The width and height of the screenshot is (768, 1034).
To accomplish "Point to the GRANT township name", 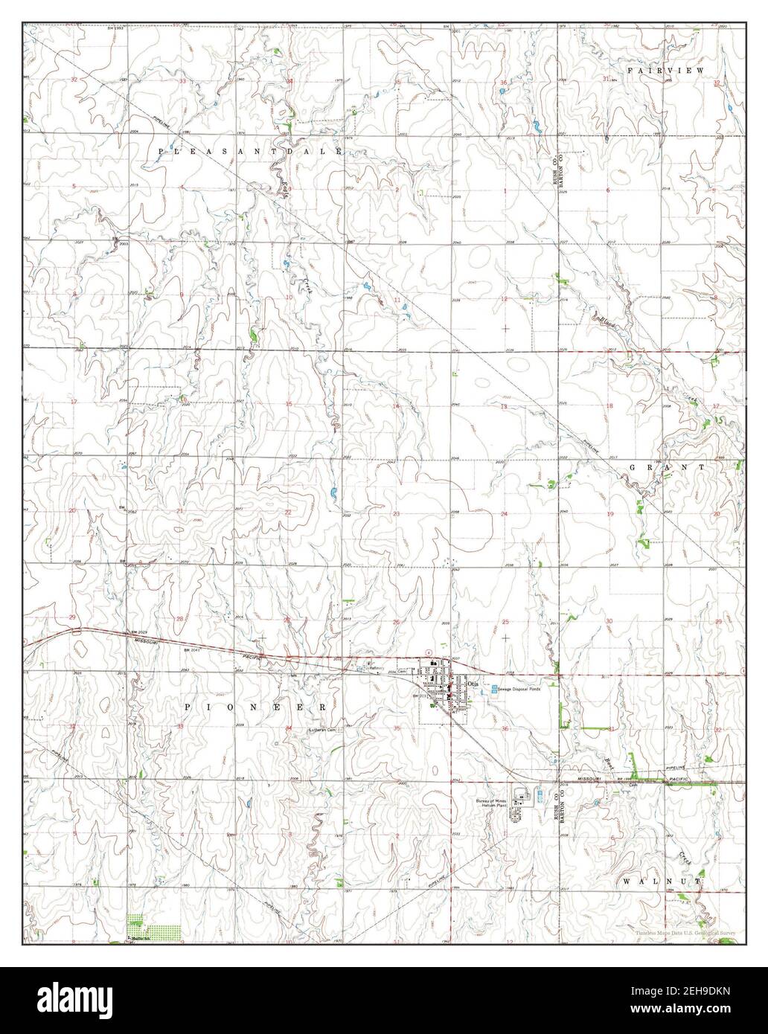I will point(667,466).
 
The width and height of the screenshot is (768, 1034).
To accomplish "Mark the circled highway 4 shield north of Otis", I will point(428,652).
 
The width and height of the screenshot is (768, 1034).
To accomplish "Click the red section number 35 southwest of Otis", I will point(397,728).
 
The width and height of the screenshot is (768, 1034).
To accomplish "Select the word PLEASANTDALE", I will point(249,151).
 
